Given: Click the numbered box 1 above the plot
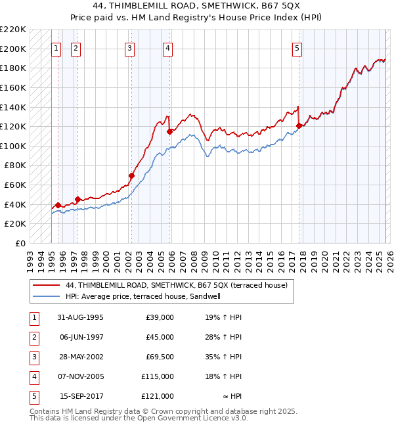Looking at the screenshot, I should click(56, 48).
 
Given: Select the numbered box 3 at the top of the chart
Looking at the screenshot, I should click(130, 48).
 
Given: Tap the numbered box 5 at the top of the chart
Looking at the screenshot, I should click(297, 48).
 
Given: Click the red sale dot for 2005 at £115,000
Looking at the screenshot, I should click(169, 131).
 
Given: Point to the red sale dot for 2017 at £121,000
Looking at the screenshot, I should click(299, 125).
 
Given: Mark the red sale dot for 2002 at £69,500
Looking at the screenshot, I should click(132, 176).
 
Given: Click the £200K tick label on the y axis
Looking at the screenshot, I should click(14, 49).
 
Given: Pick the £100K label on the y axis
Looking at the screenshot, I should click(14, 146).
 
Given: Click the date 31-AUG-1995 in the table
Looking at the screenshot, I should click(81, 317).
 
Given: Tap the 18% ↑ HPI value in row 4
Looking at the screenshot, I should click(223, 376).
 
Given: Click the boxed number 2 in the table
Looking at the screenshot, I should click(33, 337).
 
